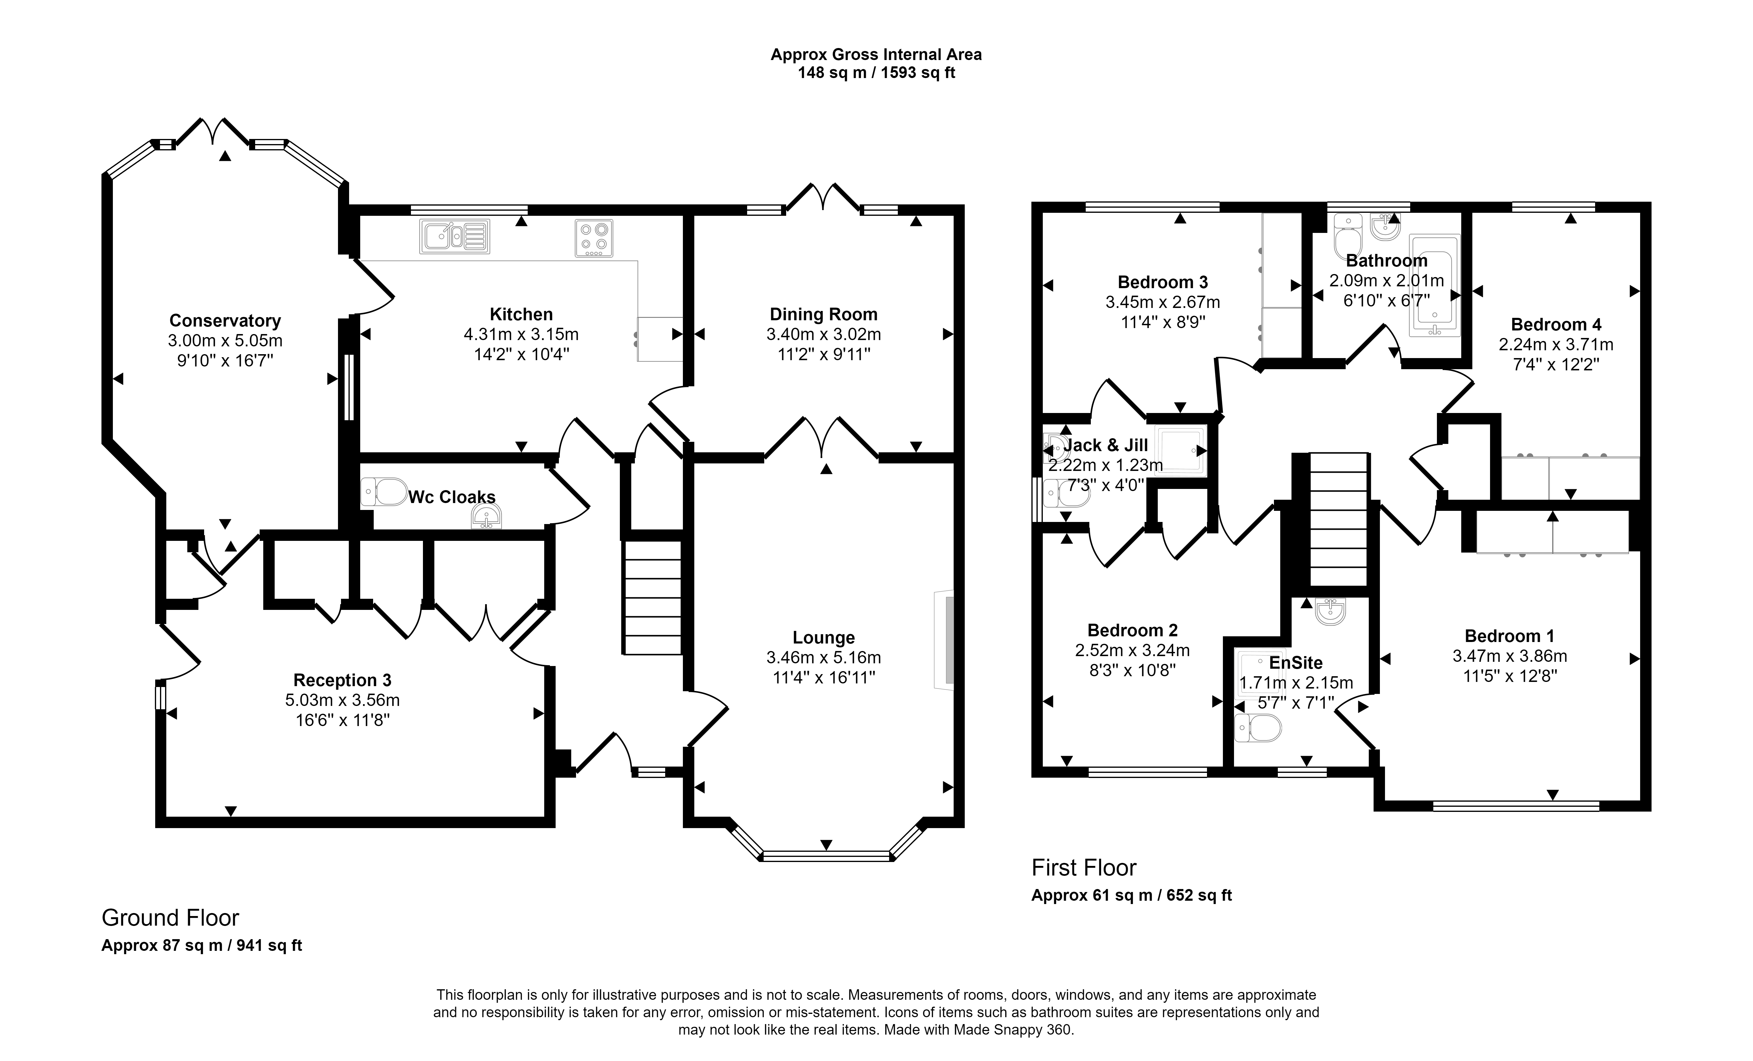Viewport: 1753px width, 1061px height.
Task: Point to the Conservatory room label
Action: [225, 321]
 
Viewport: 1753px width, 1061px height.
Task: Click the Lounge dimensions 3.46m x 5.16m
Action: [824, 658]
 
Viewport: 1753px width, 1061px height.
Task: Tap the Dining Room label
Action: [824, 314]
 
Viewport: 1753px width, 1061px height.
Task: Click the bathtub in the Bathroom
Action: [1434, 285]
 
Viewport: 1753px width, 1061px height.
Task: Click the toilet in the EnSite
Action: [1258, 728]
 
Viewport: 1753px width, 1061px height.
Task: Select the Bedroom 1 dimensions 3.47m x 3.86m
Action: [1510, 656]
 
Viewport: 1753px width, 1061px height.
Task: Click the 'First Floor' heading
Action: [1084, 867]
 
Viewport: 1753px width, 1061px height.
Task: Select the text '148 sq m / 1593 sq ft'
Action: [876, 73]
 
